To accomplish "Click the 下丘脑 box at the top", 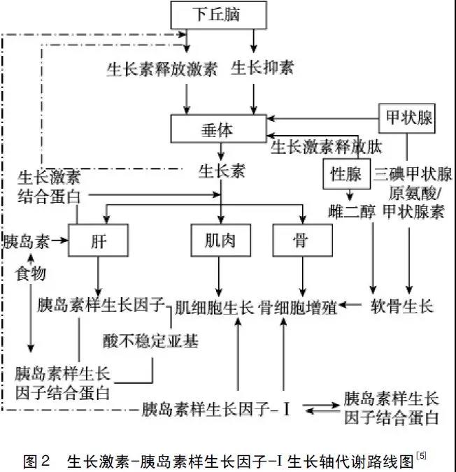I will (218, 14).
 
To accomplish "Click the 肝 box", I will (98, 241).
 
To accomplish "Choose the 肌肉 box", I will (219, 241).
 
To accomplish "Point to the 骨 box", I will (301, 241).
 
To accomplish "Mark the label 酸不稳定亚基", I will (150, 341).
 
